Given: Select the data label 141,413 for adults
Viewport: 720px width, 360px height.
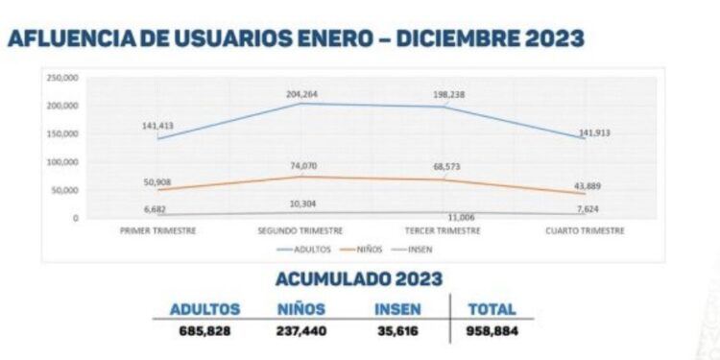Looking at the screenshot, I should [x=158, y=124].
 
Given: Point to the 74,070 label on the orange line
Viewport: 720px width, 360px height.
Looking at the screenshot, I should [x=302, y=167].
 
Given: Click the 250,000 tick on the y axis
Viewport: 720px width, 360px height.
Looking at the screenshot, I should [x=61, y=77].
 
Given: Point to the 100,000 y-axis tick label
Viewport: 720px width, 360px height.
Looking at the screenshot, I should [x=61, y=162].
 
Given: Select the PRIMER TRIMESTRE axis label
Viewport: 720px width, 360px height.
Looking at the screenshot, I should [x=158, y=231].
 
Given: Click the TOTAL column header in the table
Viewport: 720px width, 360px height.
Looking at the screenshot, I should [x=492, y=310].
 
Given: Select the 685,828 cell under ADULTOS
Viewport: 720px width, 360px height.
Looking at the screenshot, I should [x=204, y=329].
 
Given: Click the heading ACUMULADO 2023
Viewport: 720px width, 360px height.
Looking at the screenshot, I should [x=359, y=279].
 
